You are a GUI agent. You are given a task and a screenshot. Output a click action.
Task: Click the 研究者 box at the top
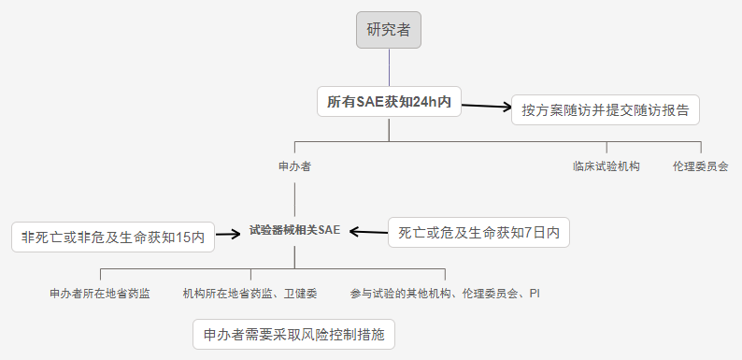click(x=389, y=30)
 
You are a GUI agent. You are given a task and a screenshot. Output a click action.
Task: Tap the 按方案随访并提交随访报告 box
click(x=606, y=109)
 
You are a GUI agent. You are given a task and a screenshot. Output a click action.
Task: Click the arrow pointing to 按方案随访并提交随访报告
click(x=486, y=107)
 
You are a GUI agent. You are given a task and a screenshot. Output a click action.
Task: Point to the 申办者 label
click(x=294, y=166)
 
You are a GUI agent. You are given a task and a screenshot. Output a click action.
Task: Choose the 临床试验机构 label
click(x=606, y=166)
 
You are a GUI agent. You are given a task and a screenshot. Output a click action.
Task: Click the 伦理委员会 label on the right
click(x=700, y=166)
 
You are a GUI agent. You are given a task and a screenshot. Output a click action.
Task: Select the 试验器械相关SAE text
click(x=294, y=229)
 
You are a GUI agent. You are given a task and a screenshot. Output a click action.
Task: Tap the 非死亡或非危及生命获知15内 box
click(x=112, y=237)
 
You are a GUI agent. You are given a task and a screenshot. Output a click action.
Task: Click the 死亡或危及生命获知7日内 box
click(x=478, y=232)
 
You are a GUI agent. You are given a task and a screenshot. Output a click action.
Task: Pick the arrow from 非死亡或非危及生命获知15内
click(x=229, y=234)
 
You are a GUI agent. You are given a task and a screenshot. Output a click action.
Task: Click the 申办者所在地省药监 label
click(x=100, y=293)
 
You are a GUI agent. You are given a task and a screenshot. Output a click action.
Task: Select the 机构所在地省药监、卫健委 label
click(x=250, y=293)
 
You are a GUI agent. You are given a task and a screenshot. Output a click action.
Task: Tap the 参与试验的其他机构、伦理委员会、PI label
click(x=445, y=293)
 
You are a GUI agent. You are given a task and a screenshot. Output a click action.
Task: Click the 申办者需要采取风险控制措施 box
click(x=293, y=334)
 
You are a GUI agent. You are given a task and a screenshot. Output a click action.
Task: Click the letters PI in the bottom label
click(x=534, y=293)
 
